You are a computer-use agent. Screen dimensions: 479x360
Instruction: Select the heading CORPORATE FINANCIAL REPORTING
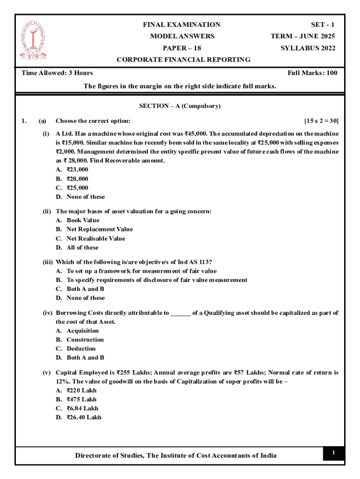pyautogui.click(x=183, y=59)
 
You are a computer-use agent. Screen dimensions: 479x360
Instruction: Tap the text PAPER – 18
pyautogui.click(x=182, y=48)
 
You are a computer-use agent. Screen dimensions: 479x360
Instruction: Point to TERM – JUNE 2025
pyautogui.click(x=303, y=36)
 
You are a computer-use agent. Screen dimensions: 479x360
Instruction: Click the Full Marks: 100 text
pyautogui.click(x=312, y=73)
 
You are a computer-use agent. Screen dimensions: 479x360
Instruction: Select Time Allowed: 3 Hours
pyautogui.click(x=58, y=73)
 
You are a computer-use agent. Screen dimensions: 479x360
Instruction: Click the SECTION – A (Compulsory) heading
pyautogui.click(x=180, y=106)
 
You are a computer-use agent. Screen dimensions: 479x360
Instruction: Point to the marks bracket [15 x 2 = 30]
pyautogui.click(x=321, y=121)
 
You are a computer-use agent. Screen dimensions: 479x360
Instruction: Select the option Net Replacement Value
pyautogui.click(x=99, y=229)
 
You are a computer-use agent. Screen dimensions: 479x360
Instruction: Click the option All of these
pyautogui.click(x=82, y=247)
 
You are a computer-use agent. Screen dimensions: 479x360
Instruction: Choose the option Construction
pyautogui.click(x=85, y=340)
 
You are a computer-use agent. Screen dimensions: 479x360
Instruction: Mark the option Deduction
pyautogui.click(x=81, y=348)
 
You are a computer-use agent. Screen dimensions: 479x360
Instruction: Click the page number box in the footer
pyautogui.click(x=334, y=453)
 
